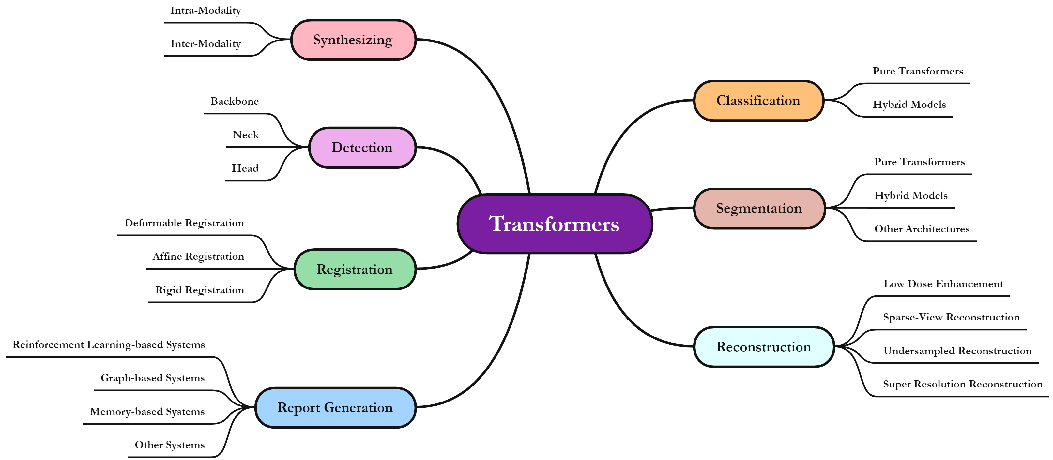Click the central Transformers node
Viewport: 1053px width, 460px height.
pyautogui.click(x=555, y=224)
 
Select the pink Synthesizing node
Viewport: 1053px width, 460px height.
pyautogui.click(x=353, y=40)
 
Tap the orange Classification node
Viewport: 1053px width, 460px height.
pyautogui.click(x=758, y=101)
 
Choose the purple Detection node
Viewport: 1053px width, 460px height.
pyautogui.click(x=362, y=147)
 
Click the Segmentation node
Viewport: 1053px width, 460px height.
pyautogui.click(x=759, y=208)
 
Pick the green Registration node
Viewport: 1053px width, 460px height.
pyautogui.click(x=355, y=269)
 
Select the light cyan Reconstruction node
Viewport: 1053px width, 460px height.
pyautogui.click(x=764, y=347)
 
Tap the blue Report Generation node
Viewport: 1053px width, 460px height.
pyautogui.click(x=335, y=408)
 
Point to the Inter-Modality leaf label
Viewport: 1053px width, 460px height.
pyautogui.click(x=206, y=44)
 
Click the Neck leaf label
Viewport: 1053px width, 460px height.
pyautogui.click(x=246, y=135)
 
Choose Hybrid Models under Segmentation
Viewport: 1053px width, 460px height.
pyautogui.click(x=911, y=196)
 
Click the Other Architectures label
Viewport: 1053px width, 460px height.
pyautogui.click(x=922, y=229)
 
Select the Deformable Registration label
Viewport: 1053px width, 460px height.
pyautogui.click(x=184, y=223)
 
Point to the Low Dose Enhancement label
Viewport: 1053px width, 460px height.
pyautogui.click(x=943, y=284)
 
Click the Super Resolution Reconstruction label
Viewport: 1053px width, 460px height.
pyautogui.click(x=963, y=384)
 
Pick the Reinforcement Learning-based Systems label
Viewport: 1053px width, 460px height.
pyautogui.click(x=109, y=345)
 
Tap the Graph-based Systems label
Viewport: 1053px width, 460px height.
pyautogui.click(x=152, y=378)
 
